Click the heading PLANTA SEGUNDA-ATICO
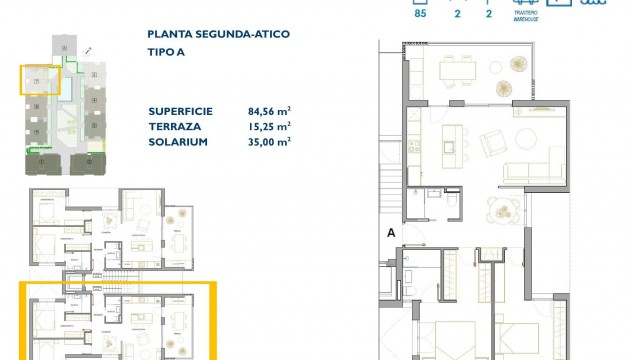(218, 34)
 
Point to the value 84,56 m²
(267, 111)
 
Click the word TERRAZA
(174, 126)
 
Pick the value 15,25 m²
(267, 126)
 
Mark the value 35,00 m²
(267, 142)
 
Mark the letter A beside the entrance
(391, 232)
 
